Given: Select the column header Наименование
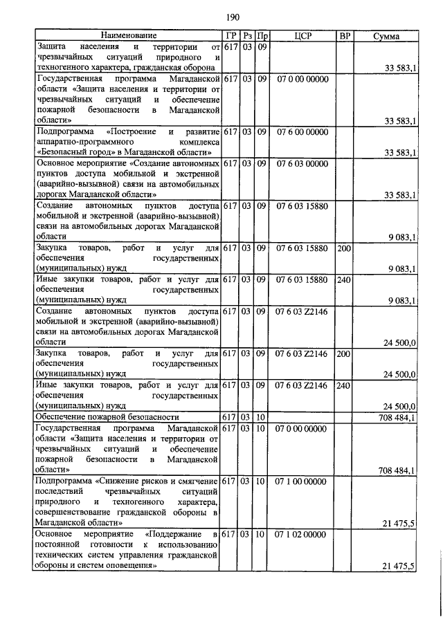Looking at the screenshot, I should coord(128,35).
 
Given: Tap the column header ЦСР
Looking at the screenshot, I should coord(299,36).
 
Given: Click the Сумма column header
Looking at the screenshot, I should coord(386,36).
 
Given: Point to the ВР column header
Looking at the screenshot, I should coord(344,36).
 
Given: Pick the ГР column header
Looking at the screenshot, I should coord(230,36).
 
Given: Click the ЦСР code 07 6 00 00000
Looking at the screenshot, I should coord(302,131).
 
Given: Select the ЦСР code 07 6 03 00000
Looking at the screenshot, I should coord(302,163).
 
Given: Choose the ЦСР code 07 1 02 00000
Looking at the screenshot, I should coord(302,535).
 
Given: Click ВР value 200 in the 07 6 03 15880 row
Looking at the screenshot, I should coord(344,248).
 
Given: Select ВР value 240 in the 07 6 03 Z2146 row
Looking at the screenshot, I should coord(344,386).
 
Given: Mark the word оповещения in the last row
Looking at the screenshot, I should coord(124,566).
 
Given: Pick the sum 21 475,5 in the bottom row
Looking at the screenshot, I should coord(398,567).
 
